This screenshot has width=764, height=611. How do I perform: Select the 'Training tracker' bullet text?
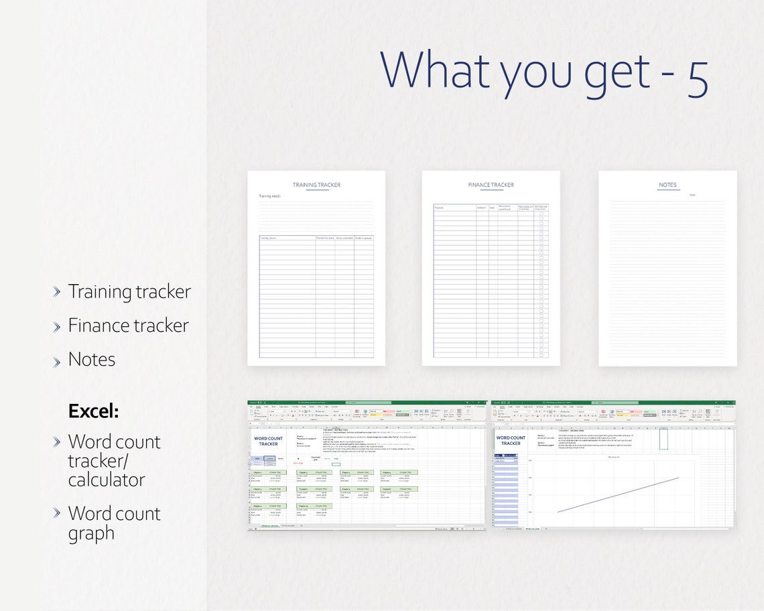(x=129, y=292)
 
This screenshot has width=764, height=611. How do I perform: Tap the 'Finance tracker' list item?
(x=128, y=326)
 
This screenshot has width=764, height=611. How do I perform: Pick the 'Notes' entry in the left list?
(x=92, y=359)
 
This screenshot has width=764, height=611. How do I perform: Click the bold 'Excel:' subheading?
(x=93, y=411)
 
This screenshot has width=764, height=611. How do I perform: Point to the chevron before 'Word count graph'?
(x=57, y=513)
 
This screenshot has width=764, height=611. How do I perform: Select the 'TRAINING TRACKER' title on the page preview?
(x=316, y=185)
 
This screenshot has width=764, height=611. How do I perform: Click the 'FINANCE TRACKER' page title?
(x=491, y=185)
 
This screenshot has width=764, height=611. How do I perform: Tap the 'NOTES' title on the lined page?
(x=667, y=185)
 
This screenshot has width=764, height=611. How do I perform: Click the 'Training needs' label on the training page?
(x=269, y=196)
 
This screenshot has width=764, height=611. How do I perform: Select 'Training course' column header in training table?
(x=269, y=238)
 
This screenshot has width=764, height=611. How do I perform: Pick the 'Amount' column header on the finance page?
(x=481, y=208)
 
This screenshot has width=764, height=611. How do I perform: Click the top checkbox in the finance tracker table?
(x=541, y=214)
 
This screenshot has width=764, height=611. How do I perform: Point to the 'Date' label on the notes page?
(x=692, y=196)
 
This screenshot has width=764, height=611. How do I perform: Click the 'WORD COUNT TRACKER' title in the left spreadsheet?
(x=268, y=441)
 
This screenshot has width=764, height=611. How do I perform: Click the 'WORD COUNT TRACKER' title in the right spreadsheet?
(x=511, y=440)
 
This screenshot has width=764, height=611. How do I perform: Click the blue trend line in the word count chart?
(x=617, y=495)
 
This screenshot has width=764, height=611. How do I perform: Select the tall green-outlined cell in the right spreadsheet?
(x=663, y=438)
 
